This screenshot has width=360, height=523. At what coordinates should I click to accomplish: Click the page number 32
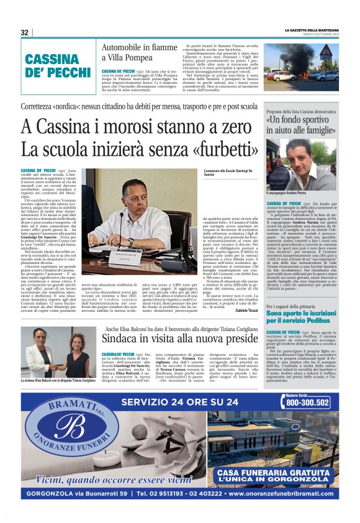25,33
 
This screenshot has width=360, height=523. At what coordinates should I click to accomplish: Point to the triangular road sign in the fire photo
325,51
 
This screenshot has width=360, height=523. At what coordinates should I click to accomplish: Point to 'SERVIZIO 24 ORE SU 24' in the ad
180,402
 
